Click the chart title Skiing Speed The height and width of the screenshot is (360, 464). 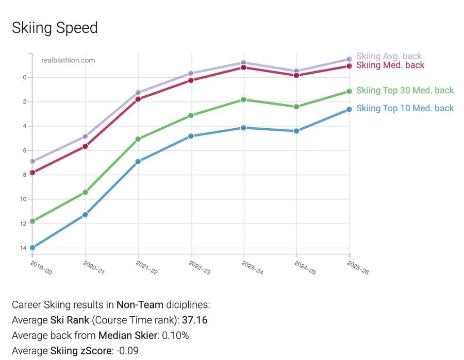click(x=55, y=28)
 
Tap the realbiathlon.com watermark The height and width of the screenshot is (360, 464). click(x=68, y=60)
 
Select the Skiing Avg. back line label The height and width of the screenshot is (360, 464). click(x=389, y=56)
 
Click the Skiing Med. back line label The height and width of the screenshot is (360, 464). click(x=390, y=65)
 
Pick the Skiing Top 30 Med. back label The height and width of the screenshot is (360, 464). click(x=405, y=91)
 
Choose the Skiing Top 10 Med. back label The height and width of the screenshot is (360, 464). click(x=405, y=108)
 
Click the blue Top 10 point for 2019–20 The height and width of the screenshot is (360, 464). click(x=32, y=248)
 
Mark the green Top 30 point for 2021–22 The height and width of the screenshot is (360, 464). click(x=138, y=139)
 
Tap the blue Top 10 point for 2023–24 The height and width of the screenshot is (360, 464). click(x=244, y=128)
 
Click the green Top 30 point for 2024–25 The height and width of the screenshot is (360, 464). click(x=296, y=107)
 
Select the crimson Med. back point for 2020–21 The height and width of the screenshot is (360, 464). click(x=85, y=147)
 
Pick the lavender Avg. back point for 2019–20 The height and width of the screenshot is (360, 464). click(x=32, y=161)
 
